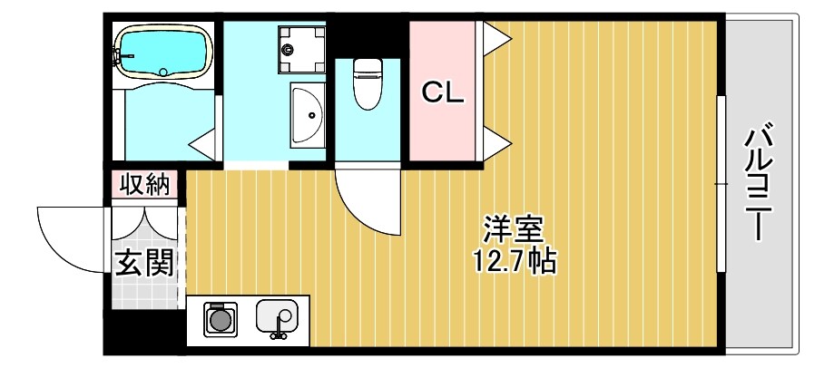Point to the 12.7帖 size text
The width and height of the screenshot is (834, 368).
514,261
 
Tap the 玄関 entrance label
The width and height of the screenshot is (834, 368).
143,264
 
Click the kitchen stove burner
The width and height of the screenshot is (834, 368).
219,319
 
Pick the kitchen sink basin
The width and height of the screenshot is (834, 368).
278,317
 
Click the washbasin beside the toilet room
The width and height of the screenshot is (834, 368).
308,114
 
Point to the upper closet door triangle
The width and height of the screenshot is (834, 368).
495,39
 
